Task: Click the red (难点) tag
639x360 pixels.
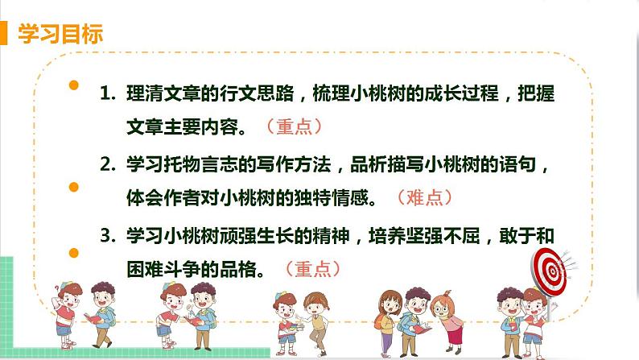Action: tap(425, 197)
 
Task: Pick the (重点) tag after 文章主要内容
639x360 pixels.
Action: tap(294, 126)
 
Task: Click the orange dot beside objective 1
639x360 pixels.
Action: tap(74, 84)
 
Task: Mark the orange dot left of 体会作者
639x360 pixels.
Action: tap(74, 188)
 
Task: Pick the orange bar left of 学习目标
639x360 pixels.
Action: tap(6, 35)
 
